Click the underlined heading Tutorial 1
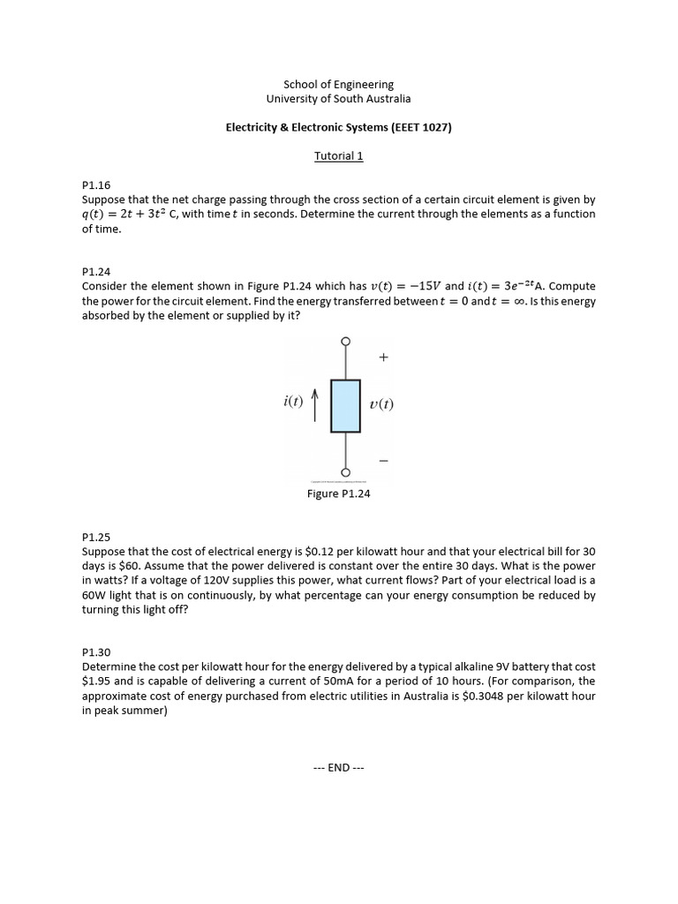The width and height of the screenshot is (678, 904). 339,156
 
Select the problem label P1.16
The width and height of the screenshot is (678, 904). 96,185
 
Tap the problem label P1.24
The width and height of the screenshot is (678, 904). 96,272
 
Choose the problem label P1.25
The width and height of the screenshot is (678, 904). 96,536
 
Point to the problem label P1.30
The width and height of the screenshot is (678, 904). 96,652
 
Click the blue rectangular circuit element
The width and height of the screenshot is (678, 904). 345,405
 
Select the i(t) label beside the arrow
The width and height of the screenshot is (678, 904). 293,402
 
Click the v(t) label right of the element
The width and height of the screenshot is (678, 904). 381,405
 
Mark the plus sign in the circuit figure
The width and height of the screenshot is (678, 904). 383,358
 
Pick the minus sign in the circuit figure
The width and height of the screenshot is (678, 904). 383,461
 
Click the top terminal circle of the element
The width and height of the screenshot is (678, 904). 345,341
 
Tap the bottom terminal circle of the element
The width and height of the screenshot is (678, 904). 345,471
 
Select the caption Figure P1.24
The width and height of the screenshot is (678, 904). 339,493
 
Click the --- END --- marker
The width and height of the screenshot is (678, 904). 339,767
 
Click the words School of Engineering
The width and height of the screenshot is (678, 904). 339,85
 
